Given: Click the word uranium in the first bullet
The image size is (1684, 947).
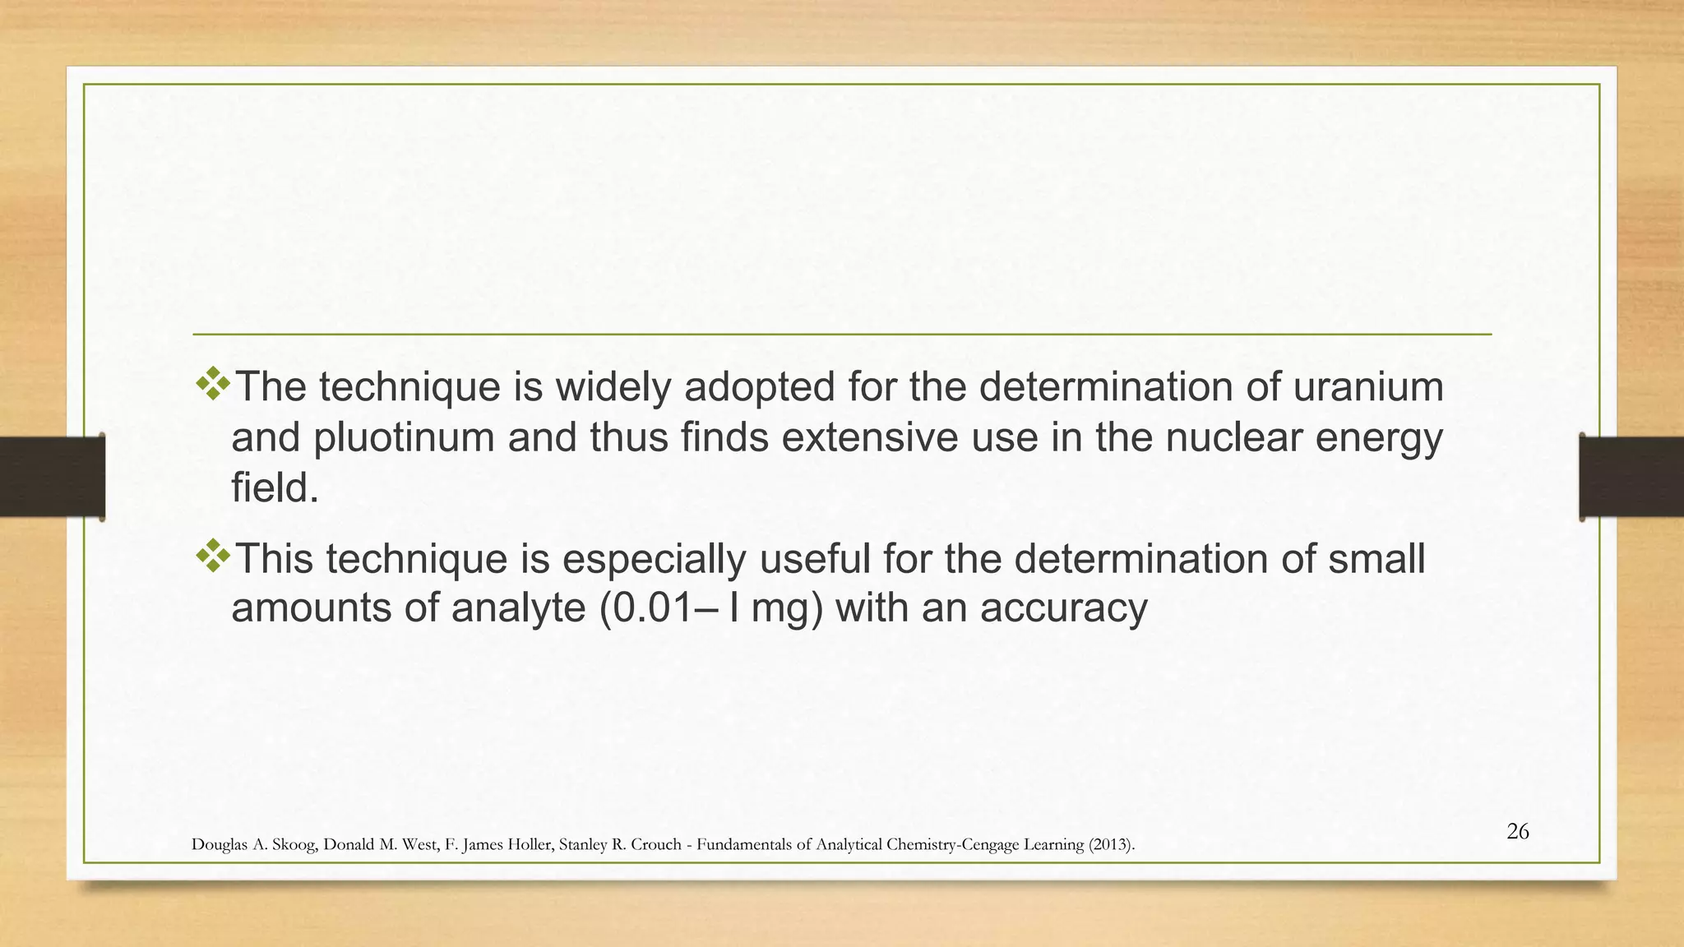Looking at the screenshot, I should pos(1367,387).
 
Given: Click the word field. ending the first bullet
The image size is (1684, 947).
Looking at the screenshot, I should pos(275,488).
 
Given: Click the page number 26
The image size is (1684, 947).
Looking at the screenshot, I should pos(1517,832).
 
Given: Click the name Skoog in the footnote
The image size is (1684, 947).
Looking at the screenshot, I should pos(289,845).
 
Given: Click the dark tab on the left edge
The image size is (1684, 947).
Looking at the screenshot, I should pos(52,477).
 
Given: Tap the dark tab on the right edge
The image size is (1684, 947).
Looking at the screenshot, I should pos(1631,477).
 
